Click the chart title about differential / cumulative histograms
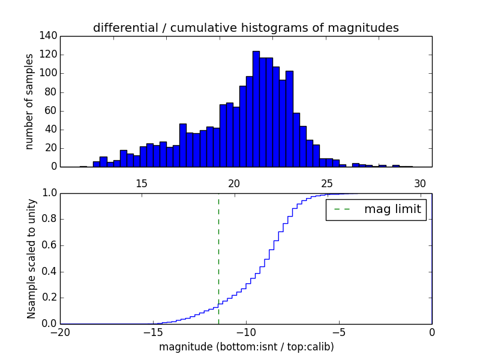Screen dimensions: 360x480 (x=245, y=28)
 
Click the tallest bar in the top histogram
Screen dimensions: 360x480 (x=256, y=109)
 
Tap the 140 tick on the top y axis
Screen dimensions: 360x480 (x=50, y=36)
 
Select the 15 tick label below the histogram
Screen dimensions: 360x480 (x=142, y=184)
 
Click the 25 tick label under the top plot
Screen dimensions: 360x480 (x=327, y=184)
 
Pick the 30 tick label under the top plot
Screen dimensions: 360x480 (x=420, y=184)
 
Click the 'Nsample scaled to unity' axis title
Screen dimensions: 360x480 (x=31, y=259)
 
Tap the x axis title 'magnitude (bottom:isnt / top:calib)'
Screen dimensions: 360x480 (x=246, y=347)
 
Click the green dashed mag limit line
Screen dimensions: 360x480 (x=218, y=258)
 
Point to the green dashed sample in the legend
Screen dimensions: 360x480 (x=341, y=209)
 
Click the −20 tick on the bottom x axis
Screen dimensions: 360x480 (x=61, y=332)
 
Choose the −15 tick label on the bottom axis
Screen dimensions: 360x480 (x=153, y=332)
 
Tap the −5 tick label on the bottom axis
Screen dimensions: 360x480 (x=338, y=332)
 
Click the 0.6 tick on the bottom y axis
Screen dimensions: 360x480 (x=50, y=245)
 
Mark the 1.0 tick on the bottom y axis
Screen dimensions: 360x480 (x=50, y=193)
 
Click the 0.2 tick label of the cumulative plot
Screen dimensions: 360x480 (x=50, y=298)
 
